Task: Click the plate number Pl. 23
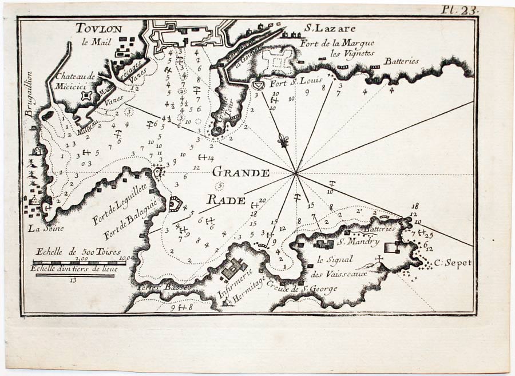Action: coord(459,9)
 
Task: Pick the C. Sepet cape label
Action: coord(452,263)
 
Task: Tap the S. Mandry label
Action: coord(358,242)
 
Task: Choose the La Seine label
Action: coord(43,229)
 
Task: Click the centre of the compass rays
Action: coord(296,172)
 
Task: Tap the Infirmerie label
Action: coord(234,282)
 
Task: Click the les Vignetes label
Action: coord(352,53)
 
